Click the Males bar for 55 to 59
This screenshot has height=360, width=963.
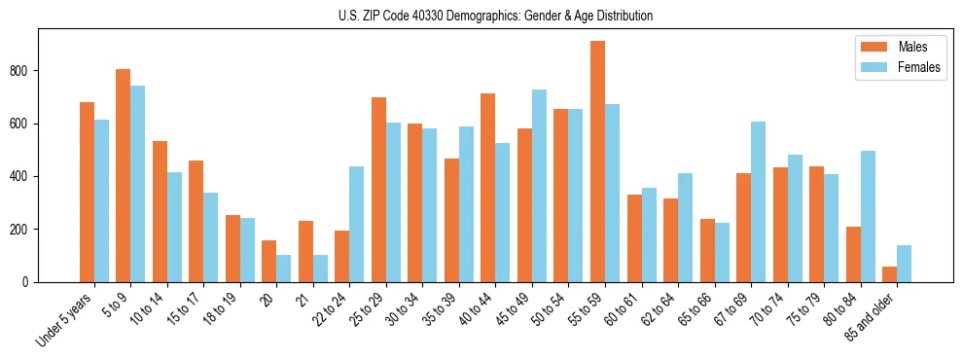[x=597, y=162]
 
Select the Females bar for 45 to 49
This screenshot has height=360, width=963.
[x=539, y=186]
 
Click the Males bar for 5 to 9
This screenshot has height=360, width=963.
[x=123, y=175]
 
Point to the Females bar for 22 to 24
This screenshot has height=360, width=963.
[x=356, y=224]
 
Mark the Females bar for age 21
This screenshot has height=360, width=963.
[x=320, y=269]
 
